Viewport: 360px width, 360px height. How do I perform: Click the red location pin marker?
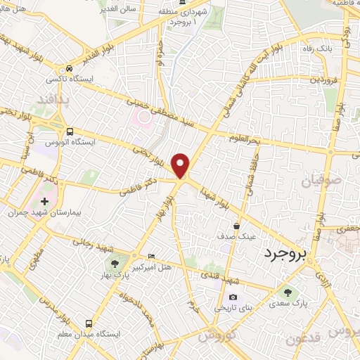pyautogui.click(x=181, y=165)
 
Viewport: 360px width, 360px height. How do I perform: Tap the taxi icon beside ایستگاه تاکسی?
pyautogui.click(x=69, y=68)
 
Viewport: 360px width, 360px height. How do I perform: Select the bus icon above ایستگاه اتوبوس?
pyautogui.click(x=69, y=131)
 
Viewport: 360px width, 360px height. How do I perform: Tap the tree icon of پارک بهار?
pyautogui.click(x=115, y=264)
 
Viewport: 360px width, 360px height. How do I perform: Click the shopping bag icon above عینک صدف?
pyautogui.click(x=236, y=226)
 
